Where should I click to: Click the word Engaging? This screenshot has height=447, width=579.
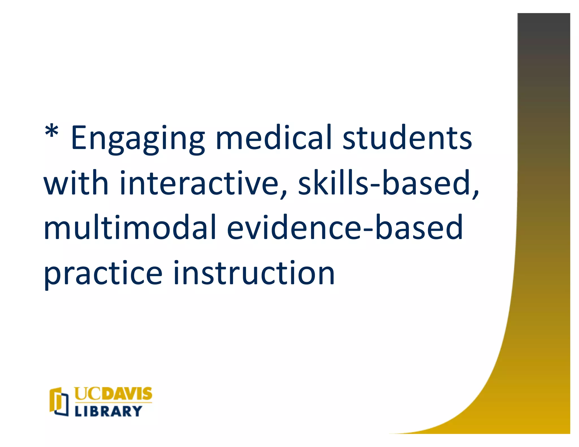point(138,139)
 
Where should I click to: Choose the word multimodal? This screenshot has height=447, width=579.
point(130,227)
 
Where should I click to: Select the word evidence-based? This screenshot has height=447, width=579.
point(345,227)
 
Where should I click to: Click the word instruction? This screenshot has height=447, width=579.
point(254,272)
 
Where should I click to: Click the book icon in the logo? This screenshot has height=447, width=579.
point(59,402)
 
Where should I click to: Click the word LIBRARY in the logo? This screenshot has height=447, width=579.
point(108,411)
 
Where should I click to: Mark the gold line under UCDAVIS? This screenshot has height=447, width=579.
point(113,403)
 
